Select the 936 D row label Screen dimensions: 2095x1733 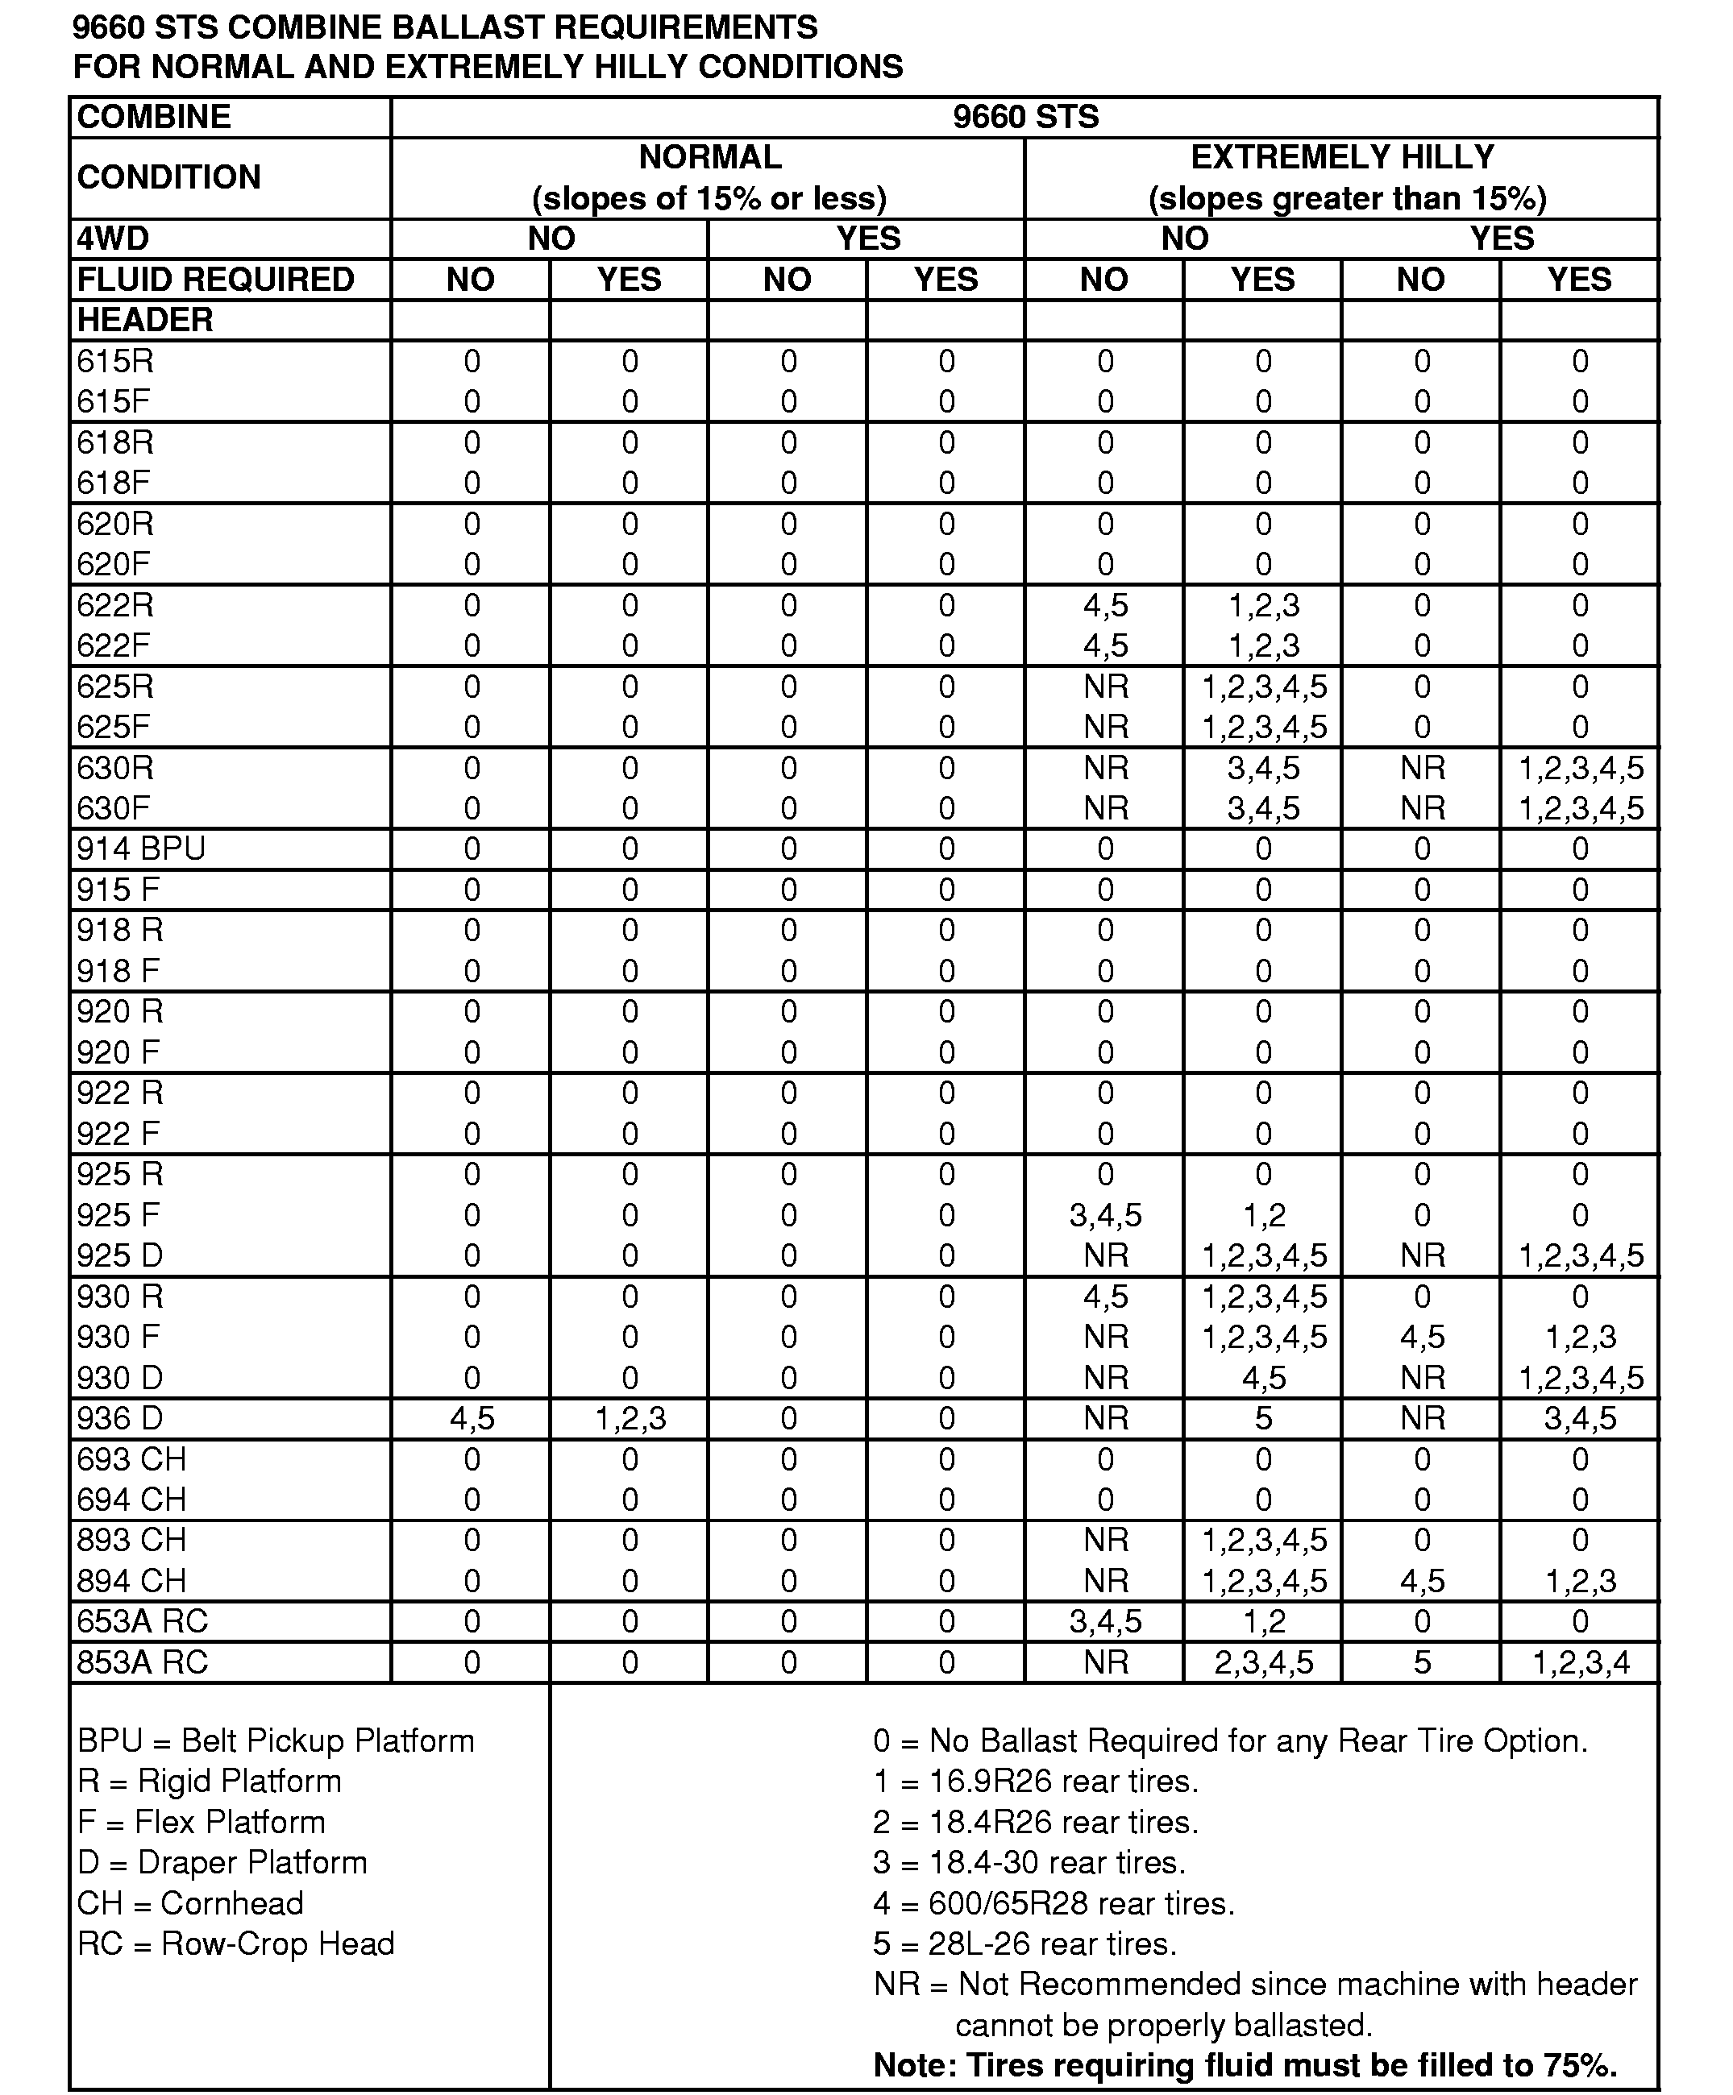(x=120, y=1419)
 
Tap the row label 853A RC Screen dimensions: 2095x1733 (x=142, y=1663)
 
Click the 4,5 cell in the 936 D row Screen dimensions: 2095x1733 (x=471, y=1419)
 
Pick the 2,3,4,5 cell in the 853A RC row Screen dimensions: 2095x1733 (x=1263, y=1663)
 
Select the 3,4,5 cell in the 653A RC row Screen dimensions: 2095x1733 (x=1104, y=1622)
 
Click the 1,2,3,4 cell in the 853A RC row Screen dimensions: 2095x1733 (x=1581, y=1663)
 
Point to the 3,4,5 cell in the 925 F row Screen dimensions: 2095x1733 (x=1104, y=1215)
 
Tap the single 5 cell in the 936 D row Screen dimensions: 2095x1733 (x=1263, y=1419)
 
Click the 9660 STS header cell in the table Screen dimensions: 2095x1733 (x=1024, y=117)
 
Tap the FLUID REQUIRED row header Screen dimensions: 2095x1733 (x=215, y=280)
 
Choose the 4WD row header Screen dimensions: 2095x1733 (x=113, y=239)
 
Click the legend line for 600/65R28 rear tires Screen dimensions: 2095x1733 (x=1054, y=1903)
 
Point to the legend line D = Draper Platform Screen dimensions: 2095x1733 (x=222, y=1863)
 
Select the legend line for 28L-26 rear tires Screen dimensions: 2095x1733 (x=1024, y=1944)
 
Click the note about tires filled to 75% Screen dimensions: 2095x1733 (x=1244, y=2065)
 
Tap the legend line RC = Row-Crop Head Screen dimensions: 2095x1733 (x=235, y=1944)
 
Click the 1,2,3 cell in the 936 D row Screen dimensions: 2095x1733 (x=630, y=1419)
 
